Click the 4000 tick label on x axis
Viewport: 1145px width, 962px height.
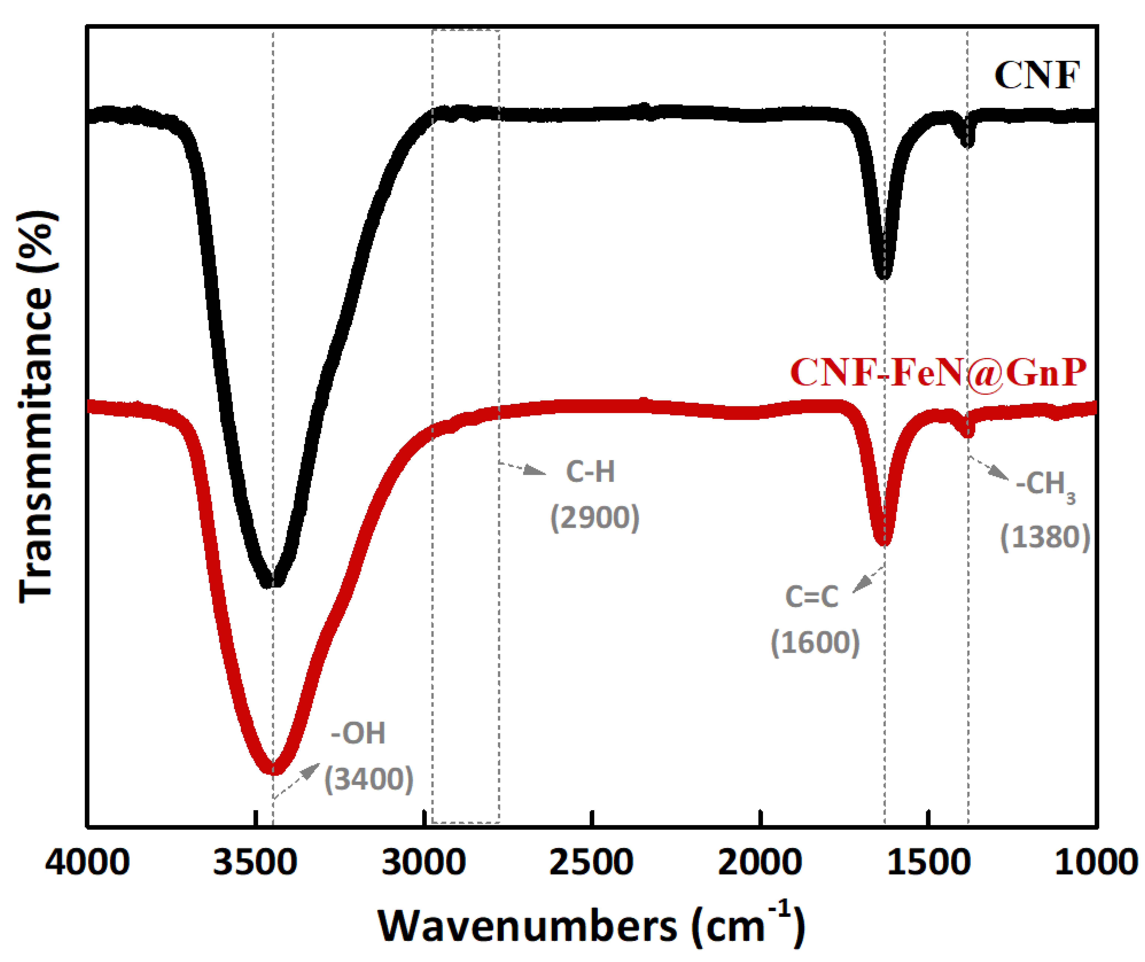pos(87,863)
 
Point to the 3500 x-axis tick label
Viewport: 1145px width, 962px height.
pos(255,863)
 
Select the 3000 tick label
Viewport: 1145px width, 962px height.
pos(424,863)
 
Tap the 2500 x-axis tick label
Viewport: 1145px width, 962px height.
pos(592,863)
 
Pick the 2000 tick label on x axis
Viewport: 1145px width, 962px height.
pos(760,863)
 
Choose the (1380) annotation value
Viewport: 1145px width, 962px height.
pos(1045,537)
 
